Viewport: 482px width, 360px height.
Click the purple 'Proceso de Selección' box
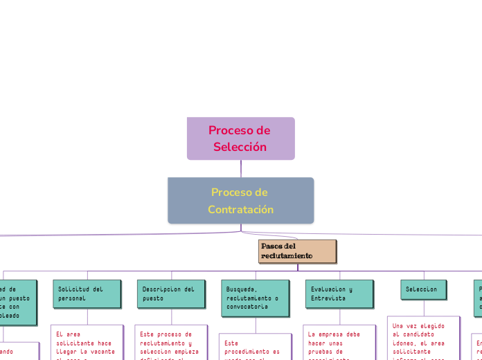click(x=240, y=138)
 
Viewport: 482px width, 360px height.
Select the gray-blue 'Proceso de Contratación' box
click(x=240, y=201)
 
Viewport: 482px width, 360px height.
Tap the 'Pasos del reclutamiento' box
click(x=297, y=251)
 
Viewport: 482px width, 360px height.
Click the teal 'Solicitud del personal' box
click(x=87, y=294)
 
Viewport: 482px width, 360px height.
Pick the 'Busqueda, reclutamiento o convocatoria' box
click(x=255, y=298)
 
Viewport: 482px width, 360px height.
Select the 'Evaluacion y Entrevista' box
click(x=339, y=294)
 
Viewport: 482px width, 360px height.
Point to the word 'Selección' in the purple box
click(x=240, y=147)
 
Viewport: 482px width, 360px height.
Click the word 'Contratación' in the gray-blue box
click(x=240, y=209)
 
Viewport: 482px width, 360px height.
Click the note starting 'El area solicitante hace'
click(x=87, y=343)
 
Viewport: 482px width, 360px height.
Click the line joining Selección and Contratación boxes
click(x=241, y=168)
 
